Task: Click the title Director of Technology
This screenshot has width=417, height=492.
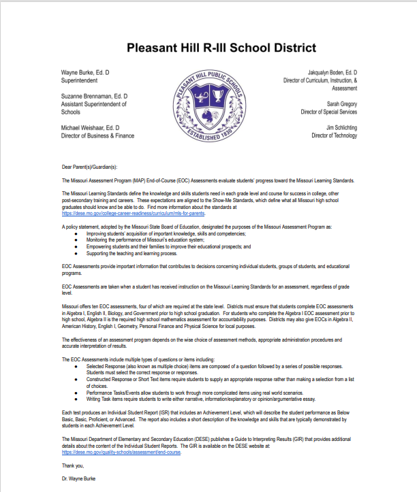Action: pyautogui.click(x=334, y=135)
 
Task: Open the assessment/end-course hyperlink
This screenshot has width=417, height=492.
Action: pyautogui.click(x=121, y=452)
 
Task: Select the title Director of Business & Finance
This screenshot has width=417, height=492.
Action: pyautogui.click(x=98, y=135)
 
